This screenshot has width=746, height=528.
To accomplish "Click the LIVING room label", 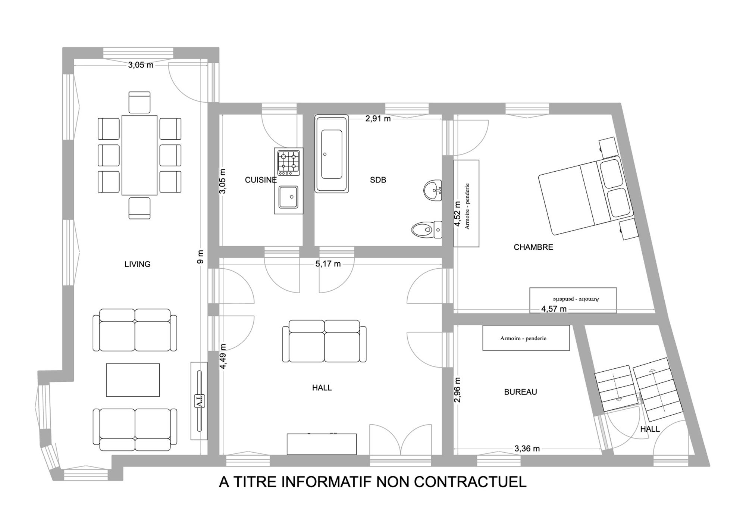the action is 137,264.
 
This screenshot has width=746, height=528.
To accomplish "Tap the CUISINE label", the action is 261,180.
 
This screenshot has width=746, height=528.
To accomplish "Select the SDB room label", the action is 378,180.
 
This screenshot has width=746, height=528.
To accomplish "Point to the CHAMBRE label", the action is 533,247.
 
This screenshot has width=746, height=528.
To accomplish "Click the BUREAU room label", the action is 520,392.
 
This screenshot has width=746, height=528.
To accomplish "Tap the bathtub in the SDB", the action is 332,154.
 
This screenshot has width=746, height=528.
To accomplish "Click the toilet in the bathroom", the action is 427,229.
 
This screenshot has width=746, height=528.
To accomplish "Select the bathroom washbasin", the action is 433,190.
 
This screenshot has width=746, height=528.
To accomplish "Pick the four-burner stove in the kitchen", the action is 289,163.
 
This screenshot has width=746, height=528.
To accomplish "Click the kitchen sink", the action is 289,197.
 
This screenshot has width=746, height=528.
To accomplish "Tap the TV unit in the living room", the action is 199,401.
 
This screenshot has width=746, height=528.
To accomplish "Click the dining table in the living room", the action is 140,155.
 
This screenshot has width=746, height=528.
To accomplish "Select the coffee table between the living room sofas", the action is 133,380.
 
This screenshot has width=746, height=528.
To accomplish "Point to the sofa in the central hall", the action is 324,341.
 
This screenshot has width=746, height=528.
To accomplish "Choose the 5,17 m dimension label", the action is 328,264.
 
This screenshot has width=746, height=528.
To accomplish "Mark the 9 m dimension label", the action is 200,257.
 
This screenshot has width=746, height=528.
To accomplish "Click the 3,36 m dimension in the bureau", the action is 527,449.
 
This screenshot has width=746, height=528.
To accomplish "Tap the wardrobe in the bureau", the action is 526,338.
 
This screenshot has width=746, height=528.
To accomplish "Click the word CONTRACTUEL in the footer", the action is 470,482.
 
